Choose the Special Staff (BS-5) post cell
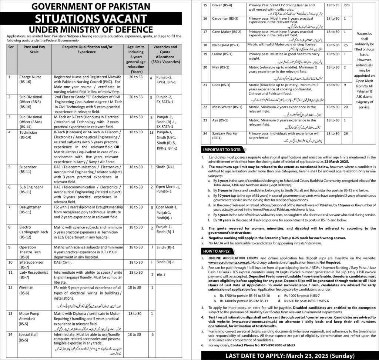coord(30,337)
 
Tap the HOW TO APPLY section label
coord(217,251)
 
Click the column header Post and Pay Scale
coord(34,50)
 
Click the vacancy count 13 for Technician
coord(151,132)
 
